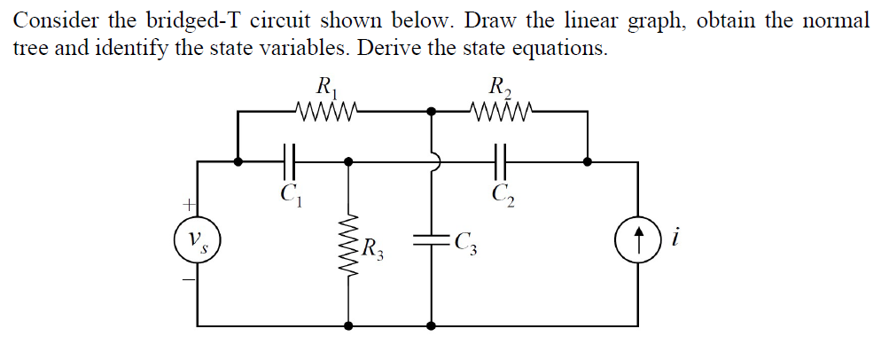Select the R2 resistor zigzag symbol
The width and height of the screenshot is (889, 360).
(x=503, y=112)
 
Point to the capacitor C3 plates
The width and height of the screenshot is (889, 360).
(x=432, y=239)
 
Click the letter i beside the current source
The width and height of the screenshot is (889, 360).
(x=676, y=239)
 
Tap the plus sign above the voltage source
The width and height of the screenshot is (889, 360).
(x=189, y=205)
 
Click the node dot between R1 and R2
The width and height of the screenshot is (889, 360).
(x=432, y=112)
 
